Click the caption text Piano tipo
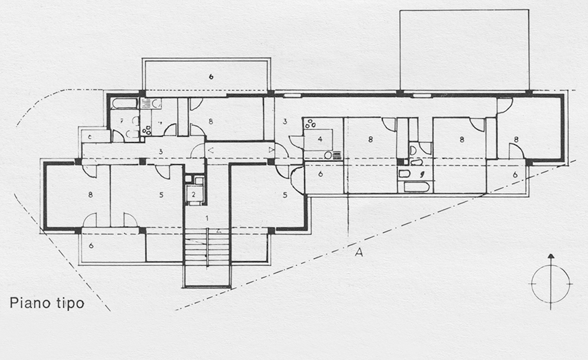(x=47, y=303)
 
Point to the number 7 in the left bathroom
(x=121, y=121)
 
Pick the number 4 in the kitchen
(x=319, y=139)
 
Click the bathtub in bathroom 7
(x=124, y=104)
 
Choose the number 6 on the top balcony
(x=211, y=76)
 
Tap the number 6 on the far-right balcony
(x=514, y=175)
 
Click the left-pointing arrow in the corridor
(x=210, y=149)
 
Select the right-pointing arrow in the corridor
(x=271, y=149)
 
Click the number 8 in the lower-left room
(x=90, y=194)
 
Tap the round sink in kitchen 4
(x=328, y=155)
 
